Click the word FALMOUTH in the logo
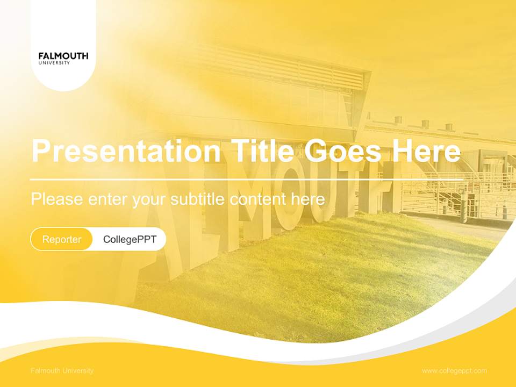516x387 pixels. pyautogui.click(x=63, y=56)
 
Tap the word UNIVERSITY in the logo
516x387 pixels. pyautogui.click(x=54, y=63)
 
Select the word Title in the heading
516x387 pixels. pyautogui.click(x=262, y=150)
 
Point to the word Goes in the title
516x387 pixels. pyautogui.click(x=343, y=150)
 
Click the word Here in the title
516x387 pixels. pyautogui.click(x=426, y=150)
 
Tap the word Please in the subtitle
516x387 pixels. pyautogui.click(x=57, y=199)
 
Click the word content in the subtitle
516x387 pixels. pyautogui.click(x=257, y=199)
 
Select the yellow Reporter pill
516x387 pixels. pyautogui.click(x=61, y=239)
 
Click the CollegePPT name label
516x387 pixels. pyautogui.click(x=130, y=239)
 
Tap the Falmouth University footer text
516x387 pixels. pyautogui.click(x=62, y=371)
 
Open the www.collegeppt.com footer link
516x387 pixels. pyautogui.click(x=454, y=371)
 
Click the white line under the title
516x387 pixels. pyautogui.click(x=247, y=180)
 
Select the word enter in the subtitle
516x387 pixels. pyautogui.click(x=107, y=199)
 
